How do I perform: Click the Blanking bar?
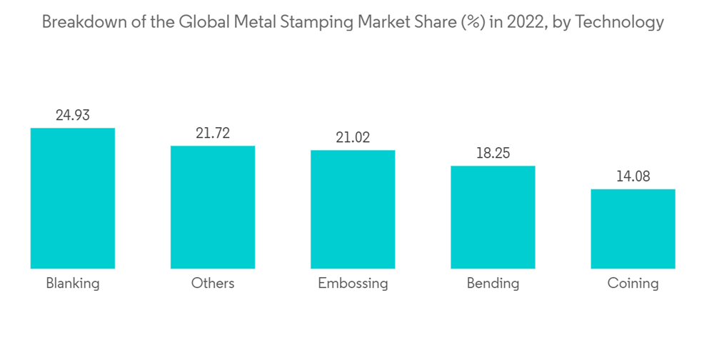[x=73, y=199]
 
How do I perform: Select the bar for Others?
[x=213, y=207]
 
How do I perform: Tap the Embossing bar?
[x=353, y=209]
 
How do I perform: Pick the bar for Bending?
[x=493, y=217]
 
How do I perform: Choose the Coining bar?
[x=633, y=229]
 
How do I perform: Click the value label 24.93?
[x=73, y=115]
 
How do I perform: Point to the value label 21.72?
[x=213, y=133]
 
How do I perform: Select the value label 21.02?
[x=353, y=137]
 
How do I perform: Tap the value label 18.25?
[x=493, y=153]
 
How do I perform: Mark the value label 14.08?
[x=633, y=176]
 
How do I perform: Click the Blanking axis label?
[x=73, y=284]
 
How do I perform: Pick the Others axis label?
[x=213, y=284]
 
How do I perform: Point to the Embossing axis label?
[x=353, y=284]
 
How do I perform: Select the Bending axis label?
[x=493, y=284]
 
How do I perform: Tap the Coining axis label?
[x=633, y=284]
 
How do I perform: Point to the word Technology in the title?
[x=619, y=23]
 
